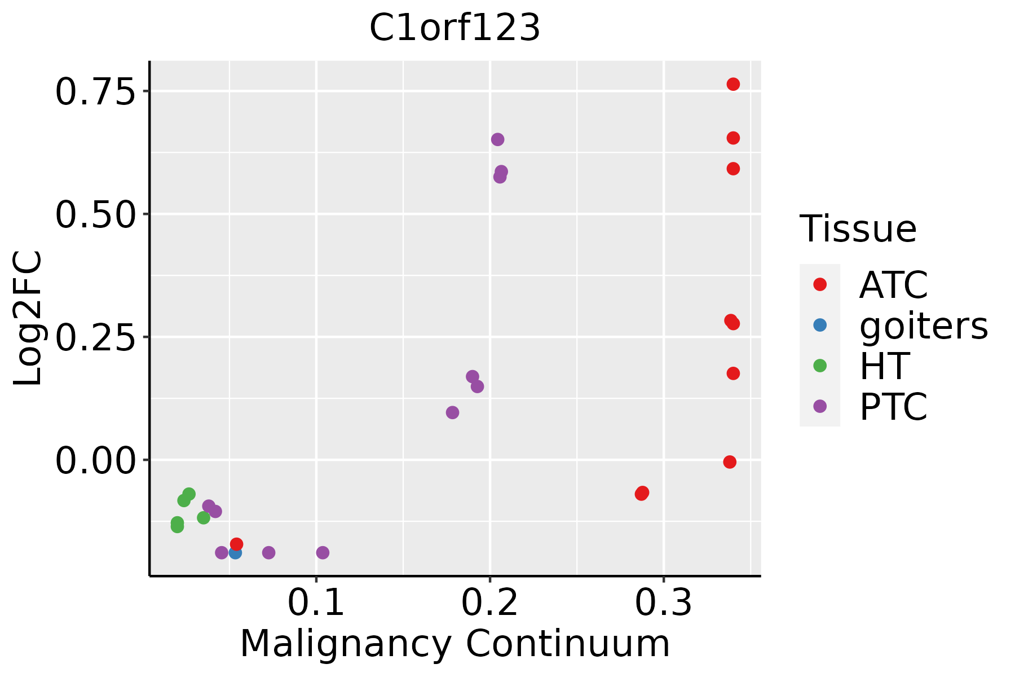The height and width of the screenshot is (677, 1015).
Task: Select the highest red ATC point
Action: pos(733,84)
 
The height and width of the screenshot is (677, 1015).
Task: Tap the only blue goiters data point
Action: pos(235,552)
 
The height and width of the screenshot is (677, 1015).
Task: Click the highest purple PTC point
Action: pos(497,139)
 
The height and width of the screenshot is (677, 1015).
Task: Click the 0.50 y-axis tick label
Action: pos(96,214)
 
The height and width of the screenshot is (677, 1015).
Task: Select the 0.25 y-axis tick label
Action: pos(96,337)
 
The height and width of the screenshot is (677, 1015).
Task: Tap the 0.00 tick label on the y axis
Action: pos(96,460)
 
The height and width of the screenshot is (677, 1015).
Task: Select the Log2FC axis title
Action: pos(28,318)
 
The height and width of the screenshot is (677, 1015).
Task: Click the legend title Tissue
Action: pos(858,229)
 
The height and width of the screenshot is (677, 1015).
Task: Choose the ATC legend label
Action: pos(893,285)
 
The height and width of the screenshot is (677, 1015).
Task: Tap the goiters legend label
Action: pos(924,326)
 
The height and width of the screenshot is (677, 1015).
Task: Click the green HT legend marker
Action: pos(820,366)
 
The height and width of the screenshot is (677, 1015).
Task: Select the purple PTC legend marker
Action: pos(820,406)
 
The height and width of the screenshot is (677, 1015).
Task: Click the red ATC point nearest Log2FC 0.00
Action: pos(730,462)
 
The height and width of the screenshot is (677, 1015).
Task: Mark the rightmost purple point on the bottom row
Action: pos(323,552)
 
